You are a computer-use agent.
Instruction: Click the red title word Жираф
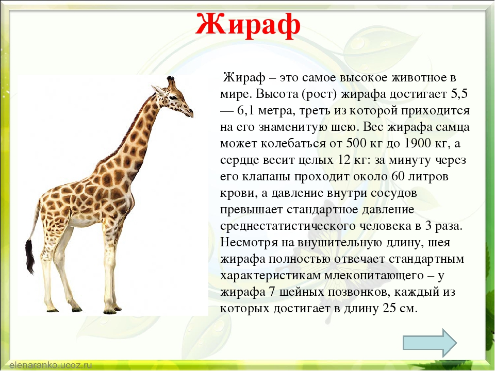[x=248, y=25]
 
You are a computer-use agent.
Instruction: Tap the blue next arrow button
[x=430, y=343]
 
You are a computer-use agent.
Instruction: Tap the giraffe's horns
[x=171, y=82]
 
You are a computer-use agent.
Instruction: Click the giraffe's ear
[x=158, y=90]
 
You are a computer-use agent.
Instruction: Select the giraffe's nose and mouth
[x=189, y=113]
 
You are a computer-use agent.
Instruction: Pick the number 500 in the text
[x=356, y=143]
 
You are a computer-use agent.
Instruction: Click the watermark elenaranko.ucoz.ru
[x=51, y=365]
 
